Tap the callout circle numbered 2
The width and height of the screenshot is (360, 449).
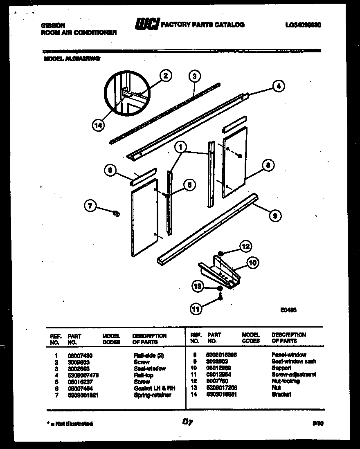click(x=165, y=75)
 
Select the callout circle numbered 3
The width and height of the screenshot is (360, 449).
click(x=195, y=75)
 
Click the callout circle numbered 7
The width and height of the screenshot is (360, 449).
click(x=91, y=207)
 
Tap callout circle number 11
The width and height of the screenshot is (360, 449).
click(x=196, y=310)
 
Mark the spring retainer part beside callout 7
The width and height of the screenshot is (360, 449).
click(x=116, y=213)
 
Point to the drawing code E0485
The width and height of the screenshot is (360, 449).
click(x=288, y=310)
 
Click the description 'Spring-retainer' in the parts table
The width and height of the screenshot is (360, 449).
click(x=152, y=395)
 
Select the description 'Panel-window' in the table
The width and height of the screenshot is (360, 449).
click(x=288, y=355)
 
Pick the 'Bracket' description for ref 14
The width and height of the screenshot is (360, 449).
click(x=281, y=395)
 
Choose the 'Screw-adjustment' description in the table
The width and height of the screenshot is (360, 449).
click(x=294, y=375)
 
